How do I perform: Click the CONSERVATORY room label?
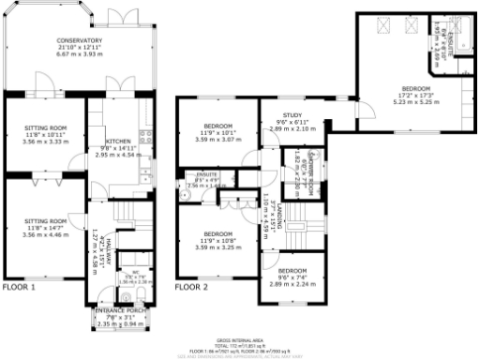pos(79,41)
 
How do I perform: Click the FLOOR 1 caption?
pos(19,287)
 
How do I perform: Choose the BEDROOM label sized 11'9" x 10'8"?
pos(217,233)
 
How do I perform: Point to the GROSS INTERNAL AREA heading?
pos(239,340)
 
